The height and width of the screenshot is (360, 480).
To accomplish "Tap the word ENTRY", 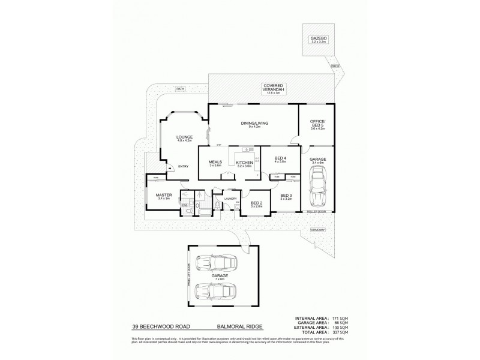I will click(184, 166).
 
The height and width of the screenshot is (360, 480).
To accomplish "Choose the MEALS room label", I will click(216, 162).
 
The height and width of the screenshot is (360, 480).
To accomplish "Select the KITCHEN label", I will click(244, 163).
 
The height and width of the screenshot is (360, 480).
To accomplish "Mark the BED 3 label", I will click(286, 196).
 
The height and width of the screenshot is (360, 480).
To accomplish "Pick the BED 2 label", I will click(255, 204).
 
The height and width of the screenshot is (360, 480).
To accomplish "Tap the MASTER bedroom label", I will click(164, 195).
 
